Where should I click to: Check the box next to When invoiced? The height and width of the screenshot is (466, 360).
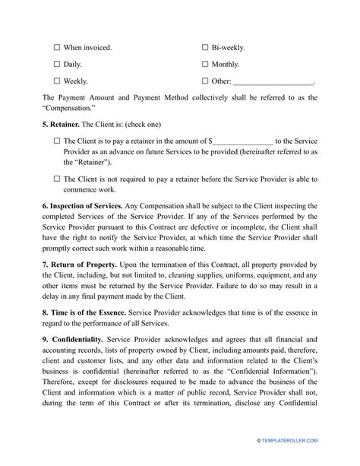58,47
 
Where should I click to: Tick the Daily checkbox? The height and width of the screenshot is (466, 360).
58,64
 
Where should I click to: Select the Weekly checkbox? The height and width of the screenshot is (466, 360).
58,81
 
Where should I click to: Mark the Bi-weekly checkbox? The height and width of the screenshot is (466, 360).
206,47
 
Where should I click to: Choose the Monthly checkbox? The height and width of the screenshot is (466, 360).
206,64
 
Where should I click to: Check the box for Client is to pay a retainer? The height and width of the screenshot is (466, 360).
58,141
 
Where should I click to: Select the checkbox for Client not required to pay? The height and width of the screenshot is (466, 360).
58,179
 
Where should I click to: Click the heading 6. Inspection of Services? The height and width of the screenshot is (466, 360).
94,206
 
